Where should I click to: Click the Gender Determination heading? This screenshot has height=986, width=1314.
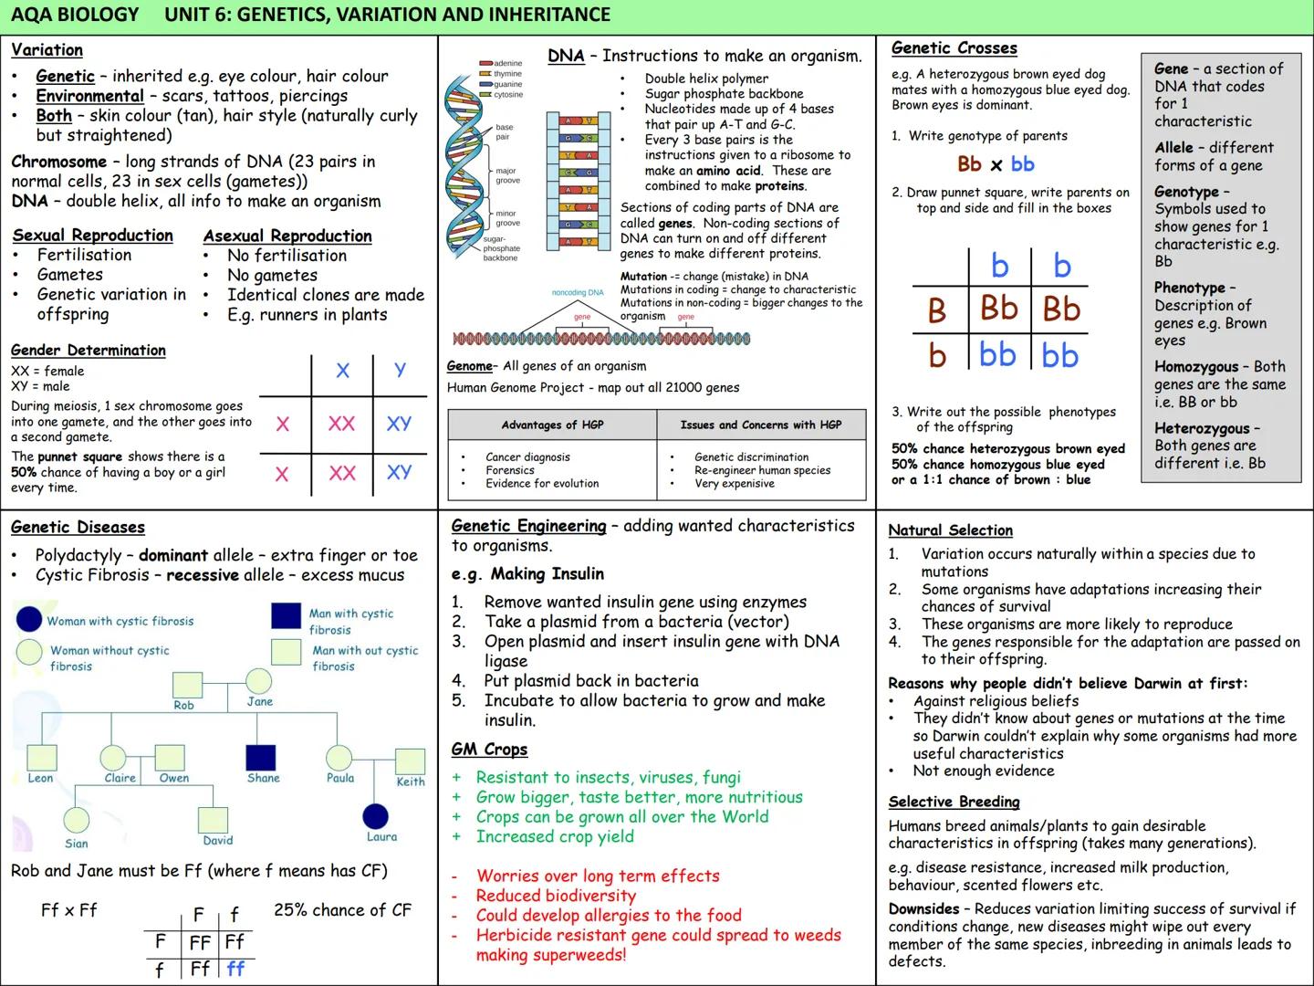(89, 351)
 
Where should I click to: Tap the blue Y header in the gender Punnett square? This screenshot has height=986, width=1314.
(400, 369)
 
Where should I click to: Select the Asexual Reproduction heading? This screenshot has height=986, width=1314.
(287, 236)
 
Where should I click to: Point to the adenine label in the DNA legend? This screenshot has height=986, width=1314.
(507, 64)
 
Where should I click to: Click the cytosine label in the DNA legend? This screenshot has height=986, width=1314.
(508, 94)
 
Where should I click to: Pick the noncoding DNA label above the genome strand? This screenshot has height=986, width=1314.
(578, 293)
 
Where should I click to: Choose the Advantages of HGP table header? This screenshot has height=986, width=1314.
(552, 425)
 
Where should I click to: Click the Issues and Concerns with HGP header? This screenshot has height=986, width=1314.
(760, 425)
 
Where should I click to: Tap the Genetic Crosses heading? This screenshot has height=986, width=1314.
(954, 48)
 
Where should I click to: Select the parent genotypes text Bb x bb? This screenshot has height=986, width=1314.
(996, 164)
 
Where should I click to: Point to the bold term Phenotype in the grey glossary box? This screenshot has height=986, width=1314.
(1189, 288)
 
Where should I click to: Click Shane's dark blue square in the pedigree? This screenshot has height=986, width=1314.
(261, 757)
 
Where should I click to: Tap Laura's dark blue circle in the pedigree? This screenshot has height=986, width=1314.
(375, 816)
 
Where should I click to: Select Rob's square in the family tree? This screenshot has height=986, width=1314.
(188, 686)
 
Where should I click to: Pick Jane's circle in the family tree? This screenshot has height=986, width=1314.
(258, 681)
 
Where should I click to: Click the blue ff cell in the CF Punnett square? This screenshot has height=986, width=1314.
(235, 969)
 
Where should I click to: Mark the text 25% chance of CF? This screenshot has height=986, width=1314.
(342, 910)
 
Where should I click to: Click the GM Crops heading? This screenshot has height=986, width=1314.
(489, 750)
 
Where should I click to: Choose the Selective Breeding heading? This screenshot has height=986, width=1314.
(954, 802)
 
